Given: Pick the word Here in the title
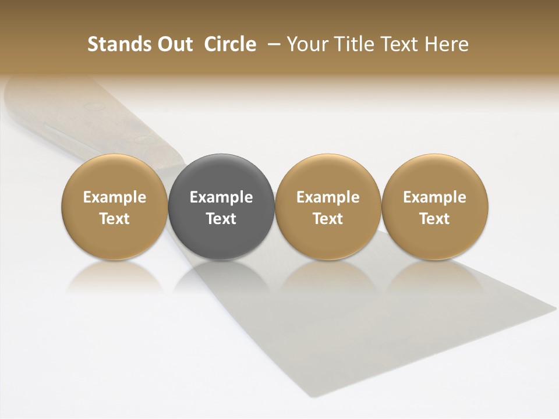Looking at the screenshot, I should pos(447,44).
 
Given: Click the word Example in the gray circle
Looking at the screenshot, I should pos(221,197).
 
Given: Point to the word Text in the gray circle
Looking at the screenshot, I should pos(221,219).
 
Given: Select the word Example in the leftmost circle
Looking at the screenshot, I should pos(114,197).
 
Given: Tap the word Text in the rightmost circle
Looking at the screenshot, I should pos(434,219).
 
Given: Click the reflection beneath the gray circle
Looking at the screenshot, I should pos(221,276).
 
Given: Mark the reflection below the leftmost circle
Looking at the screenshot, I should pos(114,276).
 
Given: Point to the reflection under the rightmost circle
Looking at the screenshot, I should pos(434,276).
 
